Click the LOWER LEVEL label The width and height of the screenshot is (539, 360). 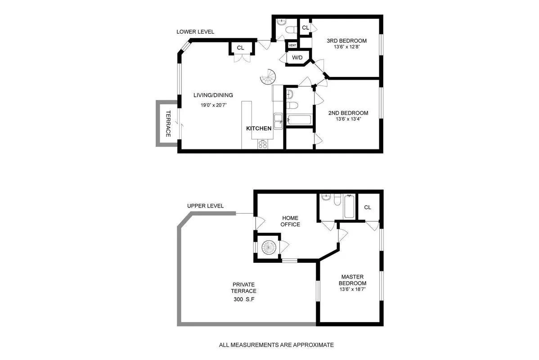[x=195, y=32]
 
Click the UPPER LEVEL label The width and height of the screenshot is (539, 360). [x=205, y=206]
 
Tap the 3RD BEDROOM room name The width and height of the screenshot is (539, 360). [x=346, y=41]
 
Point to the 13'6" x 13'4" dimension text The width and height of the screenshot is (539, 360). [x=348, y=119]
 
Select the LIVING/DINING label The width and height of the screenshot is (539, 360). [x=213, y=95]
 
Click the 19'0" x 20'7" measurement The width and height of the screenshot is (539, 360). [x=213, y=105]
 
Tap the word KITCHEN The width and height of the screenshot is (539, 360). [x=259, y=128]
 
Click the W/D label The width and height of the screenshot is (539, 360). [x=297, y=58]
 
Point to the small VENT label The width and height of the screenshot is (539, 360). [x=292, y=45]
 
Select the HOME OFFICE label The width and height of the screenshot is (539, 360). [x=290, y=221]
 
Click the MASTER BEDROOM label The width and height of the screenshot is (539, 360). [x=352, y=280]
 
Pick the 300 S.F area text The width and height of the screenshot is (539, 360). [x=244, y=299]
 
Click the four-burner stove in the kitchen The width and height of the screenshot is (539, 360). [x=262, y=144]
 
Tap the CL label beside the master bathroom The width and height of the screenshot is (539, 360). [x=368, y=207]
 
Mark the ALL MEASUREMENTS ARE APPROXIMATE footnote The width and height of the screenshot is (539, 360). [x=276, y=345]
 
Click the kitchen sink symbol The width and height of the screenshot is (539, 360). [x=279, y=119]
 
